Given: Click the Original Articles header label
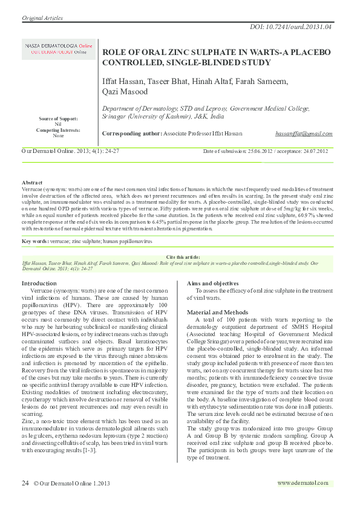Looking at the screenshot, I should point(42,18).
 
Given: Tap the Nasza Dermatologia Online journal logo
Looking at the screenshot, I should point(59,50).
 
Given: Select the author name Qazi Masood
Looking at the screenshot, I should point(125,92).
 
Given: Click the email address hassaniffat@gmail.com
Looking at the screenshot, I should point(303,133).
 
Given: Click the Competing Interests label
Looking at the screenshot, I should point(58,130).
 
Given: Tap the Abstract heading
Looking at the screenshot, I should point(32,182).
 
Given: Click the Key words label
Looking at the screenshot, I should point(36,241).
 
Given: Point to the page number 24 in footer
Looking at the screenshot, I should point(25,483).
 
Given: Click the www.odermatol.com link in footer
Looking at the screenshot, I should point(303,483).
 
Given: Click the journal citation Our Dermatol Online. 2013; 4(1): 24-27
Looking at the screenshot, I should point(71,151).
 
